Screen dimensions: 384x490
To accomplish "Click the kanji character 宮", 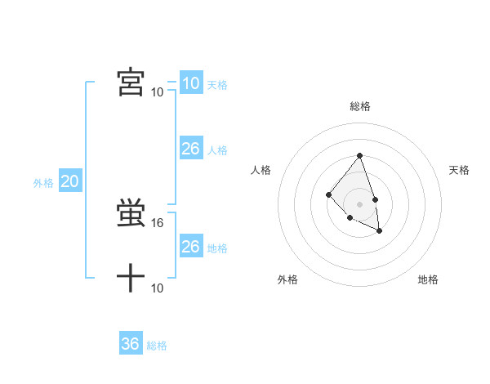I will pos(131,83).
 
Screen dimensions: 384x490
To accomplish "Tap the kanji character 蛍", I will pos(131,214).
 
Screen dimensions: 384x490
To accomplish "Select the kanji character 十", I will pos(131,279).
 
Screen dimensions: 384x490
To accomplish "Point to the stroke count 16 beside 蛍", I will pos(158,222).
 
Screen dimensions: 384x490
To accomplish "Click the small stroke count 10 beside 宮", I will pos(158,92).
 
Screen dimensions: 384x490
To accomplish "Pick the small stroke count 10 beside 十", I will pos(158,288).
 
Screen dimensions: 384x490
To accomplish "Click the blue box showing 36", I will pos(131,344).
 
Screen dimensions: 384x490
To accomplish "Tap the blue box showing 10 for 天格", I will pos(190,83).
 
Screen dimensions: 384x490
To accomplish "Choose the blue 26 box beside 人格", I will pos(190,149).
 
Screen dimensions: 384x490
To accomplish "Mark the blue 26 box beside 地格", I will pos(190,247).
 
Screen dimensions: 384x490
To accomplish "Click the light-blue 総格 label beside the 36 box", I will pos(157,346).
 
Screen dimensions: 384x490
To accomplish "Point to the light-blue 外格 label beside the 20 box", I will pos(43,183).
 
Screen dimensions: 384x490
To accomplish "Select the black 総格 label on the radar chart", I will pos(360,106).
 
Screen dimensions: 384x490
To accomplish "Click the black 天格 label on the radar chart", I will pos(459,170).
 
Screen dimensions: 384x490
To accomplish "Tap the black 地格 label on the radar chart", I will pos(428,279).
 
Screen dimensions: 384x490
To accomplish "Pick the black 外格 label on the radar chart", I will pos(287,279).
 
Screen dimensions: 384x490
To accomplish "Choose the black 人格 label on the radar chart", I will pos(261,170).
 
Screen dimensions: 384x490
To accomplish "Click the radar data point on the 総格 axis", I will pos(360,156).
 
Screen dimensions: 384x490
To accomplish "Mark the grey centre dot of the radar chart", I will pos(360,203).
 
